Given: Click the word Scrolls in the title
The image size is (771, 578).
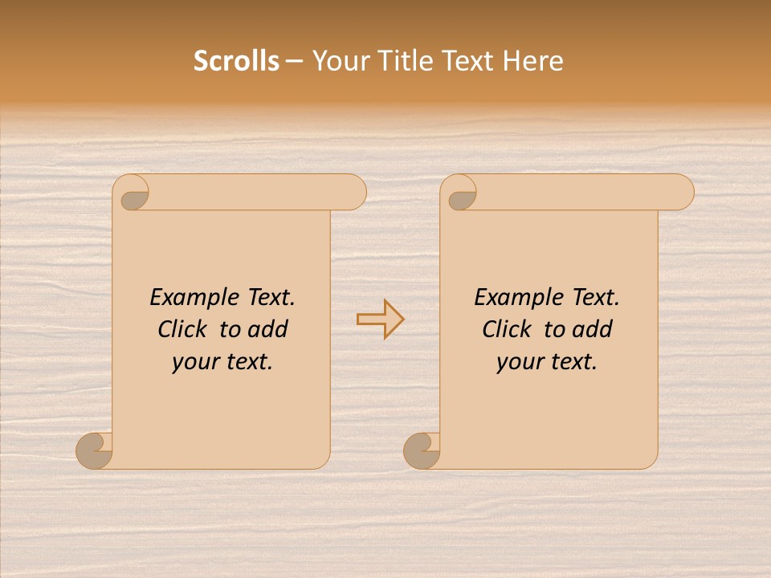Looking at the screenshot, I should click(236, 61).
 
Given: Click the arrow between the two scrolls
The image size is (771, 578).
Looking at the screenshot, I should click(380, 320).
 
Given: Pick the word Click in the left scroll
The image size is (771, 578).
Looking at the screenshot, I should click(184, 329).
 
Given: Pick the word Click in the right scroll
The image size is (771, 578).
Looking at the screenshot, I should click(508, 329).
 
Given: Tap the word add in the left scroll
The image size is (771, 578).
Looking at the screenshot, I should click(269, 329).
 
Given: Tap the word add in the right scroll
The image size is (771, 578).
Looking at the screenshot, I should click(594, 329).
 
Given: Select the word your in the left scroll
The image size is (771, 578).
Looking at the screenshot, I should click(194, 362).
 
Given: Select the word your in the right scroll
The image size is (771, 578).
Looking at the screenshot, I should click(518, 362).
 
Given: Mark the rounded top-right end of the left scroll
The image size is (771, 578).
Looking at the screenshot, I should click(352, 192).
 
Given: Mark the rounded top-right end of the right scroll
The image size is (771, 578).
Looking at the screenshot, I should click(679, 192).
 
